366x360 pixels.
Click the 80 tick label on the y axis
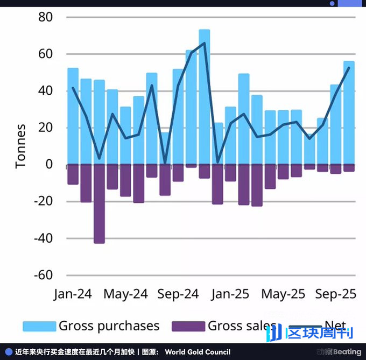click(45, 17)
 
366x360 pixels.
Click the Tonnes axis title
click(20, 146)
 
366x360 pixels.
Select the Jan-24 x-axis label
click(73, 294)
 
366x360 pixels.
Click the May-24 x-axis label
click(125, 294)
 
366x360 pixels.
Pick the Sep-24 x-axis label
click(178, 294)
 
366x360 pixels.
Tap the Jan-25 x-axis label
click(230, 294)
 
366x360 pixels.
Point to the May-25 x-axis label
click(283, 294)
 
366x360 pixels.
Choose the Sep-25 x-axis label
click(335, 294)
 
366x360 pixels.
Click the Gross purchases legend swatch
click(39, 326)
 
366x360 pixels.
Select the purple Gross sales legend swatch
click(188, 326)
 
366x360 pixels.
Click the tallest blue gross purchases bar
click(205, 97)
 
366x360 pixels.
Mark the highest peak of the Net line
click(205, 43)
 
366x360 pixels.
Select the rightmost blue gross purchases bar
click(349, 113)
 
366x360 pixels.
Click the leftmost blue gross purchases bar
click(73, 116)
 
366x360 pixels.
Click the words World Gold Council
click(198, 352)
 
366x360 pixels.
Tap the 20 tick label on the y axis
click(45, 128)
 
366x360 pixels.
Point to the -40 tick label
click(43, 238)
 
